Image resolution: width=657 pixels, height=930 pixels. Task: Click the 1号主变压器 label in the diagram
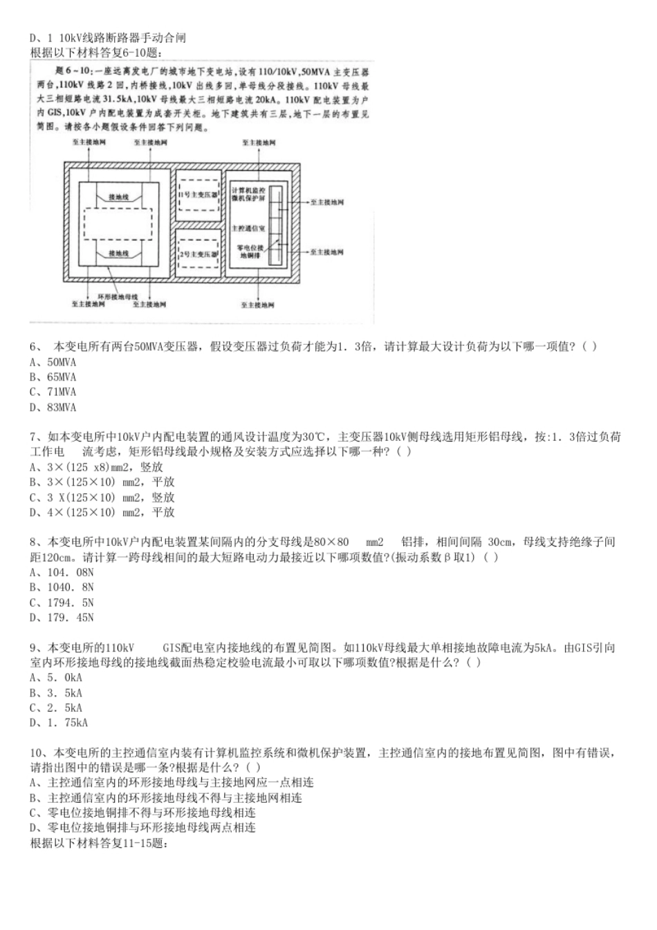[x=198, y=195]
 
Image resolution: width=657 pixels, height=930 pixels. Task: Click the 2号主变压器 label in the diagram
[x=198, y=254]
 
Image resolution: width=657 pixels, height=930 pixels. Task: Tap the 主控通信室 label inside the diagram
[x=248, y=227]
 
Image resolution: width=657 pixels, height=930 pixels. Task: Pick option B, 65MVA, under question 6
[x=53, y=377]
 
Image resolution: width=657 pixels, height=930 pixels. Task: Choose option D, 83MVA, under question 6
[x=53, y=408]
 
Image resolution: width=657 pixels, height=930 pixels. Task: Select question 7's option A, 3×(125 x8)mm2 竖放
[x=97, y=467]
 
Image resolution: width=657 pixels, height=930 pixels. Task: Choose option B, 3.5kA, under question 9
[x=56, y=693]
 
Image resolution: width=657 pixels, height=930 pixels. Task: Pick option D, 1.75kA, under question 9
[x=59, y=723]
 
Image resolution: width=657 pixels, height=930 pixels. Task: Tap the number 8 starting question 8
[x=33, y=542]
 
